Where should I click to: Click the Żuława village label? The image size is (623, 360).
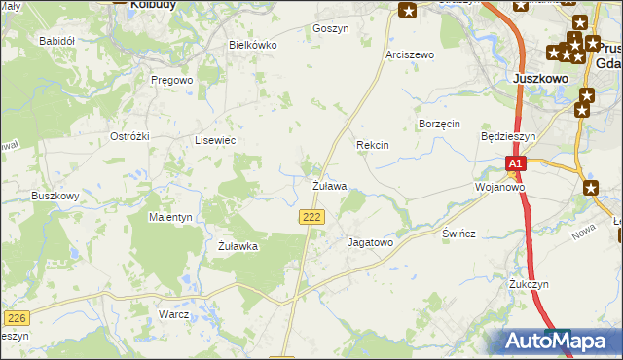(329, 185)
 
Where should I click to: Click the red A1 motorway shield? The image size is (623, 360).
(516, 164)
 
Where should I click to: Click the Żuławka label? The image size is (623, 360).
(238, 246)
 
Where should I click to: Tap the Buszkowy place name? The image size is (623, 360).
(55, 196)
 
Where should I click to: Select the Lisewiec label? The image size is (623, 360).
(216, 140)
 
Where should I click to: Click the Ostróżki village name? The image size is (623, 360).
(129, 136)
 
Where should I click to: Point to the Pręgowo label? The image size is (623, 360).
(172, 80)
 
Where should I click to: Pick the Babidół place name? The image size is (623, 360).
(56, 41)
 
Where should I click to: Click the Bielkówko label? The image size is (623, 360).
(253, 45)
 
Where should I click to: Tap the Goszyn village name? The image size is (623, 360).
(330, 29)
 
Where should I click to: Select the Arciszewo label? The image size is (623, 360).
(409, 54)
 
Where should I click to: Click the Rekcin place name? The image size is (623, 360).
(373, 145)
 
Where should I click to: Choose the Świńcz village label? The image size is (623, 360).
(458, 235)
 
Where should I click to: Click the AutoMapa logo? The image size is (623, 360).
(557, 342)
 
